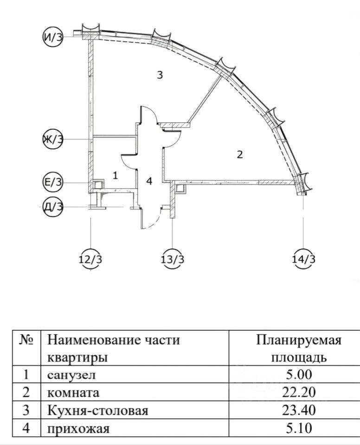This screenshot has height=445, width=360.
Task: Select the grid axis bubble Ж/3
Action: coord(52,139)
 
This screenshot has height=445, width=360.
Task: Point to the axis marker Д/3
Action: coord(52,206)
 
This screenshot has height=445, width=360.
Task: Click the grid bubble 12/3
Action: coord(90,259)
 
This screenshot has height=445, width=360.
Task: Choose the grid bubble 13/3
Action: coord(172,259)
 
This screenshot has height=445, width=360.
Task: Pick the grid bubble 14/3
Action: coord(304,259)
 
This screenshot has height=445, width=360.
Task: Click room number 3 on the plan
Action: coord(159,75)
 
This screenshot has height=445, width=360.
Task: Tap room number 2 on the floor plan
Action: coord(239,154)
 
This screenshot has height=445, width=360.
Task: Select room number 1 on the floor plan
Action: coord(115,175)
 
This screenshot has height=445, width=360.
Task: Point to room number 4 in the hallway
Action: coord(149,181)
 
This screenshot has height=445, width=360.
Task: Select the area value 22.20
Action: coord(299,393)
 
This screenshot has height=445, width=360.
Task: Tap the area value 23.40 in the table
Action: coord(299,411)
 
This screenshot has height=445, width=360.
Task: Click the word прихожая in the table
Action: coord(78,428)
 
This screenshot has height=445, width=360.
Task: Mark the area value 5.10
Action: coord(299,428)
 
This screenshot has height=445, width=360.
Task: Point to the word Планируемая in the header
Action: coord(299,340)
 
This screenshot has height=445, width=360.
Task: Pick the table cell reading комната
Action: coord(73,393)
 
